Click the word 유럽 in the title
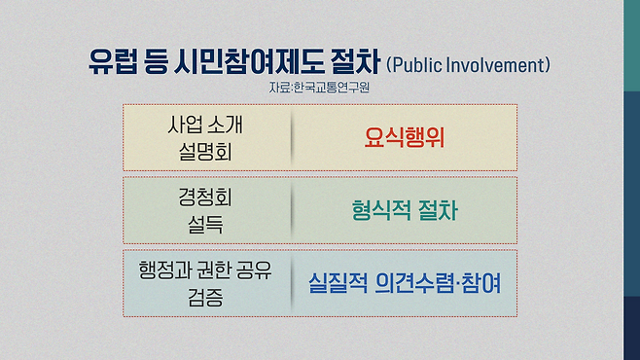113,65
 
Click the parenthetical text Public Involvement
468,66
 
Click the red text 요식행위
398,136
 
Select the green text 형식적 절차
402,210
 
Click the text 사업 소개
208,124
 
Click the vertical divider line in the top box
293,136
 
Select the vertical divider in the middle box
293,210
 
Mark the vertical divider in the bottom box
293,283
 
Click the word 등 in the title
158,65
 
